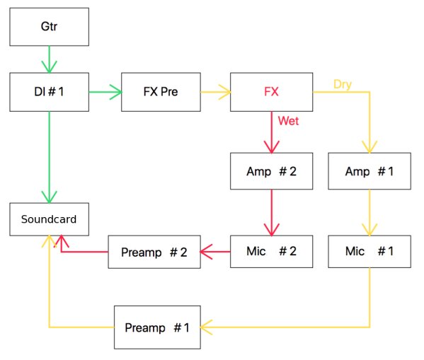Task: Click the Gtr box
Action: click(x=50, y=27)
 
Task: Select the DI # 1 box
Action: click(x=50, y=92)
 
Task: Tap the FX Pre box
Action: click(x=161, y=92)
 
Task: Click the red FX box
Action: click(x=272, y=92)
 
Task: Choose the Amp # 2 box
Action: click(x=272, y=171)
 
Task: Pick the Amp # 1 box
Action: click(x=369, y=171)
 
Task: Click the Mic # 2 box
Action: click(x=272, y=252)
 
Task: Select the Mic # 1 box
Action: click(x=369, y=252)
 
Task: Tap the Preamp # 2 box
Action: click(x=154, y=252)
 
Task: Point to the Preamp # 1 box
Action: click(x=157, y=327)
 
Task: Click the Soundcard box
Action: click(x=50, y=219)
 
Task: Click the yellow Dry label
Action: click(x=343, y=84)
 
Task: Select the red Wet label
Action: click(x=288, y=121)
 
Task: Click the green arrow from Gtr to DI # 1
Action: click(x=50, y=59)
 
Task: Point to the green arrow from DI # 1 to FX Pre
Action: click(x=105, y=92)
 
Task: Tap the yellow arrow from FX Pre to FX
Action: click(x=215, y=92)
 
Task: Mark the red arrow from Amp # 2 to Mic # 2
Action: click(x=272, y=212)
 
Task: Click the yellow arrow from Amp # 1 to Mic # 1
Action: click(x=369, y=212)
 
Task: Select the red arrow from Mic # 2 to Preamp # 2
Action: click(x=215, y=252)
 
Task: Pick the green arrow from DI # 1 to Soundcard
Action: click(x=50, y=157)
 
